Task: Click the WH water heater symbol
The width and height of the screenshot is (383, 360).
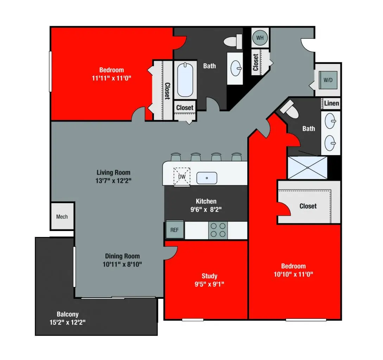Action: coord(260,38)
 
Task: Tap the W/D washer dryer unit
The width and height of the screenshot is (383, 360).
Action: coord(327,80)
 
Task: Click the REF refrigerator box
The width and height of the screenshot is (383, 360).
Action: coord(174,230)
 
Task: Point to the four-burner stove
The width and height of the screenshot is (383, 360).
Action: coord(218,230)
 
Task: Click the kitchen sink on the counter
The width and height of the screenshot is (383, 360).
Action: coord(206,178)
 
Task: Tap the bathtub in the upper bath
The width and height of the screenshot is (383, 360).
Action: coord(185,80)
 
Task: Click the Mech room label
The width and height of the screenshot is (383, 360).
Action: coord(62,217)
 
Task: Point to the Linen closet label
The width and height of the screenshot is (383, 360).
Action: coord(331,103)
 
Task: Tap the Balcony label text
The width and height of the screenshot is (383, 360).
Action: coord(68,314)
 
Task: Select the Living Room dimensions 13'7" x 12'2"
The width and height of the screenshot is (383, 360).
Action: coord(113,181)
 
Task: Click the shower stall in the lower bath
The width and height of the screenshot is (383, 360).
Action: coord(307,168)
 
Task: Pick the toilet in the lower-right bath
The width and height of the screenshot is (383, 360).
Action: coord(290,110)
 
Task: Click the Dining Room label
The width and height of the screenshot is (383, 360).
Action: coord(122,256)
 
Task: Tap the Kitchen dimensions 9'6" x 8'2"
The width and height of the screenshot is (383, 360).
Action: coord(206,210)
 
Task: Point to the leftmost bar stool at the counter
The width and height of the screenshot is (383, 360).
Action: coord(175,157)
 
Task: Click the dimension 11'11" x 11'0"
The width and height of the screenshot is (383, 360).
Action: coord(111,78)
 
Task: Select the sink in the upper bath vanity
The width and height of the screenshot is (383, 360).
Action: coord(235,68)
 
